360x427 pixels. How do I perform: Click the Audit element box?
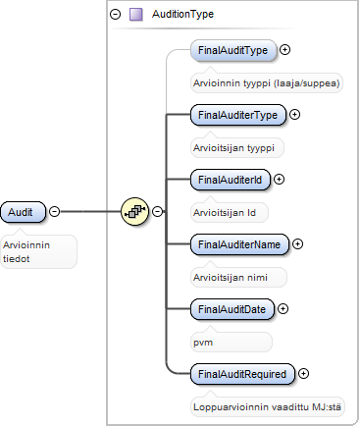coord(23,212)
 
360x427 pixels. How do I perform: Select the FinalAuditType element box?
coord(233,50)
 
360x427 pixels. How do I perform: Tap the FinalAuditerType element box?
coord(238,115)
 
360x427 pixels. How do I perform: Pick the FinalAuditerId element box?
coord(231,180)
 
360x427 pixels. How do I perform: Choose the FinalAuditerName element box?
coord(239,244)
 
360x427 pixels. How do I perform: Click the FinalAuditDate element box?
coord(232,309)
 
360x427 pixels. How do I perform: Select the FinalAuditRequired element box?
coord(242,374)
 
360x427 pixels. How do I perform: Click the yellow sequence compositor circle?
coord(134,211)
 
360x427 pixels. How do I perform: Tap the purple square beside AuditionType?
coord(136,15)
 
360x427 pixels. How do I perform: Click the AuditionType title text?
coord(182,14)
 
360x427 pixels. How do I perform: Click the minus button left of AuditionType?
coord(115,15)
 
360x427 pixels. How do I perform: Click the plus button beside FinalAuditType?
coord(285,50)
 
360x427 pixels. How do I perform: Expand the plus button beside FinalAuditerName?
coord(297,244)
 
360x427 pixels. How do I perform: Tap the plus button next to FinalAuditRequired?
coord(303,374)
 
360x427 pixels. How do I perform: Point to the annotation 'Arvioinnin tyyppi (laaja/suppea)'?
coord(267,83)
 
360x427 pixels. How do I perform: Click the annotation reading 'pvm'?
coord(203,343)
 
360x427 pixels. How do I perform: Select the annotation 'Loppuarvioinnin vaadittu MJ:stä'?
coord(267,407)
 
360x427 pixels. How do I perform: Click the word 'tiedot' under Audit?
coord(17,259)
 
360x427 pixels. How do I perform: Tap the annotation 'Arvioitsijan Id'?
coord(225,213)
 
